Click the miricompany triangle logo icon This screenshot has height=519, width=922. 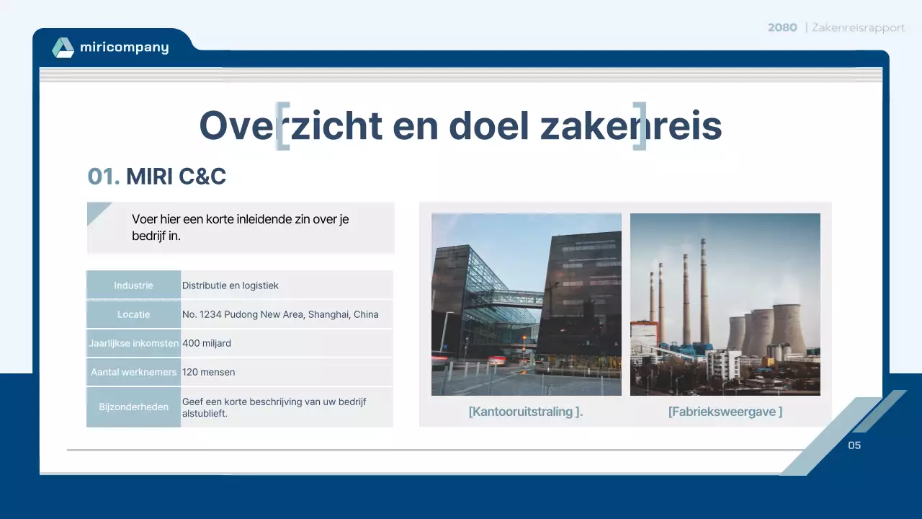63,48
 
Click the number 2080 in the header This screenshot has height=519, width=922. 782,27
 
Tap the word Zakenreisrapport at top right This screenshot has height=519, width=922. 858,27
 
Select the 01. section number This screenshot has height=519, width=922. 103,176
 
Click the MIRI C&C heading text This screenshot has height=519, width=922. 176,176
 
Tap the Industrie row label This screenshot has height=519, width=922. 133,285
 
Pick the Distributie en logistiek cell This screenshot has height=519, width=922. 230,285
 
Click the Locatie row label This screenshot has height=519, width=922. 133,314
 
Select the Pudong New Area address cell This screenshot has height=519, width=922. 280,314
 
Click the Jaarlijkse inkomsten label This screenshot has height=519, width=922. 133,343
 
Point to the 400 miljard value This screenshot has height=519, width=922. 207,343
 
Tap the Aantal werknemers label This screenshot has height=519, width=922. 133,372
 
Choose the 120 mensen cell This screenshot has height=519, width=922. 209,372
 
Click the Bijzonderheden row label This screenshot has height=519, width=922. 133,407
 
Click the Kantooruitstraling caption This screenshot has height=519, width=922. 526,412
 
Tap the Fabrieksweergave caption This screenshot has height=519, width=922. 725,412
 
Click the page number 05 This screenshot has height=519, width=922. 854,445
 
